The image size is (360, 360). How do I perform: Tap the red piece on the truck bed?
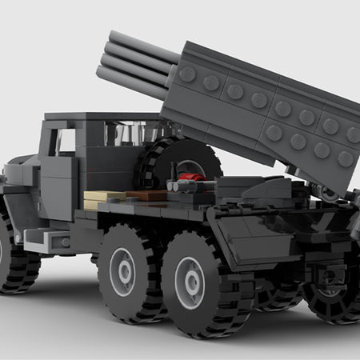pyautogui.click(x=187, y=178)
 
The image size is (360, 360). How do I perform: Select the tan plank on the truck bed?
pyautogui.click(x=104, y=197)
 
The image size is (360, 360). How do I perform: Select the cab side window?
pyautogui.click(x=66, y=141)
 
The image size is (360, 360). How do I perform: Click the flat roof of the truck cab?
pyautogui.click(x=92, y=117)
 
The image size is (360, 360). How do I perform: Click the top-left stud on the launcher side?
pyautogui.click(x=187, y=74)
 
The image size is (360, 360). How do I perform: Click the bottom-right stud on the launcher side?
pyautogui.click(x=345, y=158)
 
